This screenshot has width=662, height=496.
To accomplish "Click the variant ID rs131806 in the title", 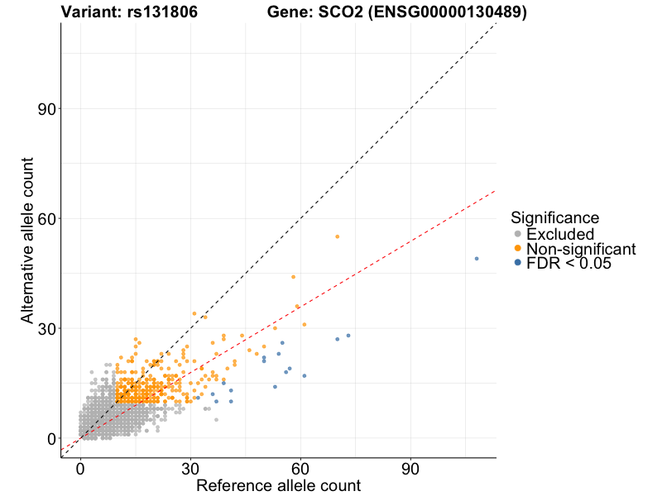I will click(157, 12).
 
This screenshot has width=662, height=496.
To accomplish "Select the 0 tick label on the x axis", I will click(80, 470).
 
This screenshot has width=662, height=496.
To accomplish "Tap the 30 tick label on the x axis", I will click(190, 470).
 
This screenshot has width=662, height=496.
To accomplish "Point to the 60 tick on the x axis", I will click(300, 470).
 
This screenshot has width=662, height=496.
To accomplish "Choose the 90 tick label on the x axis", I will click(410, 470).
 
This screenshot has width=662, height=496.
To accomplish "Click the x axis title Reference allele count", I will click(278, 485).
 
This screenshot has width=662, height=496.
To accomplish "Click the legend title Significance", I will click(554, 218).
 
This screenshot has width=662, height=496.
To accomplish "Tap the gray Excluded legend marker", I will click(518, 235).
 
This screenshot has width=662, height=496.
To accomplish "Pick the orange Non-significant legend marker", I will click(518, 249).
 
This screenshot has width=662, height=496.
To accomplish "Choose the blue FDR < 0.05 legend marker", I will click(518, 263).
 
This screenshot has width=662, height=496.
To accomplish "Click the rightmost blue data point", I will click(477, 259).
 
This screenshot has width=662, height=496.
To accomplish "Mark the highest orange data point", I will click(337, 236).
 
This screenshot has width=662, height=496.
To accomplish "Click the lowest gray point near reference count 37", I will click(216, 420).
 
